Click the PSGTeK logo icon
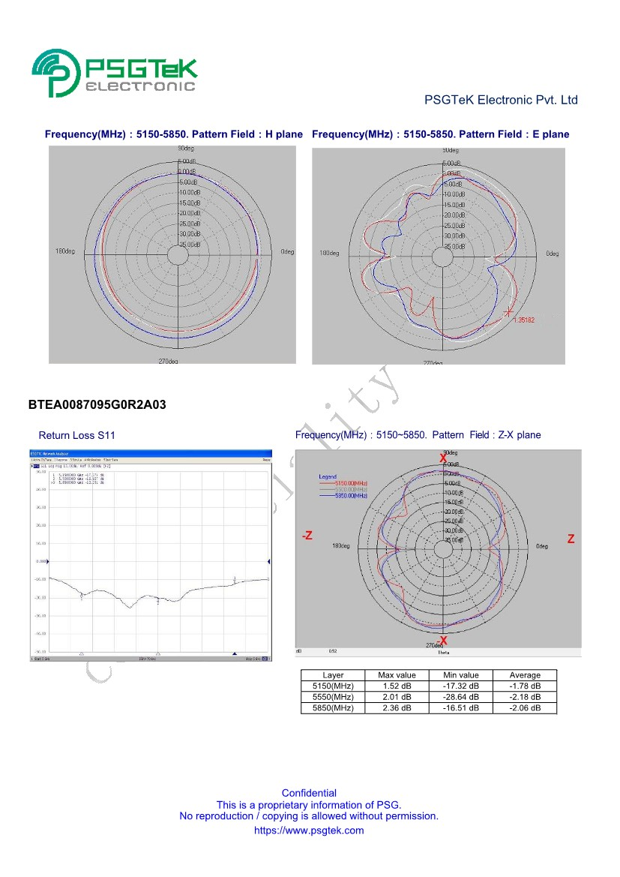(x=55, y=73)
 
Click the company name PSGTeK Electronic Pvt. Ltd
(x=501, y=100)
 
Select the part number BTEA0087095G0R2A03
(x=97, y=405)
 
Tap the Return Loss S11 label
(x=77, y=435)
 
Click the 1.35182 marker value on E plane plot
(x=524, y=320)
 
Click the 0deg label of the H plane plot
(x=287, y=252)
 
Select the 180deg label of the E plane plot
(x=330, y=254)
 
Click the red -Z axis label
(x=307, y=536)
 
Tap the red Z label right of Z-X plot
(x=571, y=539)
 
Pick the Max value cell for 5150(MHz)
(x=397, y=686)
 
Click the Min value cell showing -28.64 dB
(x=460, y=697)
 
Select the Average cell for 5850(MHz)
(x=525, y=708)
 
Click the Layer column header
(x=333, y=675)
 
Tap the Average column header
(x=525, y=675)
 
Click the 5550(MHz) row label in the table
(x=333, y=697)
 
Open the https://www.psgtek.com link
(x=309, y=830)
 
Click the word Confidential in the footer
(x=309, y=793)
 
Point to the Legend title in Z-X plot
(x=328, y=477)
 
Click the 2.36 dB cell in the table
(x=397, y=708)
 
